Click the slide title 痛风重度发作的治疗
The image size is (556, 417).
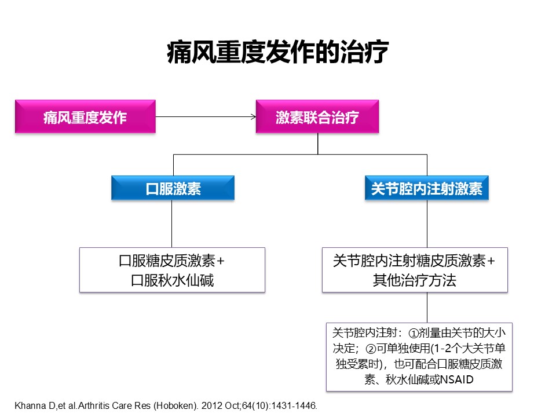(277, 52)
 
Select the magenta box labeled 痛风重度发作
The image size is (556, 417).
(85, 116)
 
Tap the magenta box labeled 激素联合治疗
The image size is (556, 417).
(317, 116)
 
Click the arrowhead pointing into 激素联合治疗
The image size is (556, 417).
(253, 116)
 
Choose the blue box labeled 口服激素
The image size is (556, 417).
(173, 188)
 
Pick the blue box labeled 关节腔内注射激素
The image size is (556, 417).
(427, 188)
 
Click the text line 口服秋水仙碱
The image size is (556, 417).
(173, 280)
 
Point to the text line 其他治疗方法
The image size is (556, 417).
(415, 280)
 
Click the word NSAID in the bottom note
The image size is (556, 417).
(456, 380)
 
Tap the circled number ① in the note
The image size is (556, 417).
(414, 334)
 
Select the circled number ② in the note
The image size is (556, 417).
(371, 349)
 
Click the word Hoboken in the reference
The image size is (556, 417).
(174, 405)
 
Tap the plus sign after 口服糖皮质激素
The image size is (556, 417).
(221, 261)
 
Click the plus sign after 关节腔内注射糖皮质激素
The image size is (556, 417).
(491, 261)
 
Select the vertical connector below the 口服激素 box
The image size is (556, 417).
(171, 224)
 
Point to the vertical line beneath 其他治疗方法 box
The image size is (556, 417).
(427, 308)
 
